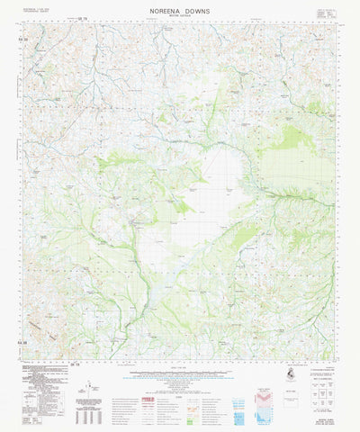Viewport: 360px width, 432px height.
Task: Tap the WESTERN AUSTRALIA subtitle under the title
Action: pyautogui.click(x=180, y=22)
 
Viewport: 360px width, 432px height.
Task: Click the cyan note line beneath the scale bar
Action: pyautogui.click(x=180, y=385)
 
